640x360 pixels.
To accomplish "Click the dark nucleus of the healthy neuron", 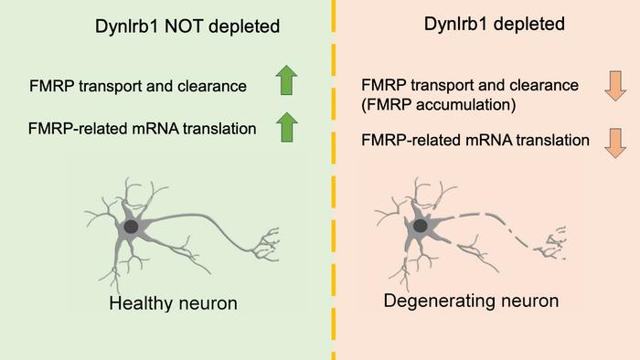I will pyautogui.click(x=133, y=227).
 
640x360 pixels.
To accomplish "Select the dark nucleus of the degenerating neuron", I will pyautogui.click(x=421, y=225).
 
